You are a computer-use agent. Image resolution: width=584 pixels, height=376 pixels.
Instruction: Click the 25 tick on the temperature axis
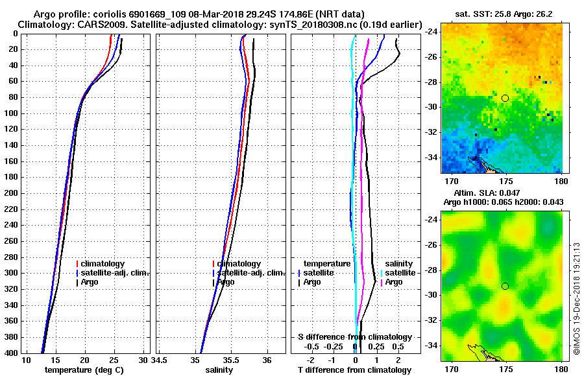click(x=114, y=361)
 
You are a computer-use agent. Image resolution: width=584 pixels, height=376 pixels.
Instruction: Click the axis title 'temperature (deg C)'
click(x=84, y=370)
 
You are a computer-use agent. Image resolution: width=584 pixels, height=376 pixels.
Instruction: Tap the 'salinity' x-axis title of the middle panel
click(x=219, y=370)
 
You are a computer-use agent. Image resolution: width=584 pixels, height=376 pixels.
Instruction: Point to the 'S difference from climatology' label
click(x=355, y=337)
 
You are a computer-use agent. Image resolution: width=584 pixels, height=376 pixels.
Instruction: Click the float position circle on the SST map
click(x=505, y=98)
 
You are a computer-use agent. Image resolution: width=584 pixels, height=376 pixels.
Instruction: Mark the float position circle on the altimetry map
click(x=505, y=286)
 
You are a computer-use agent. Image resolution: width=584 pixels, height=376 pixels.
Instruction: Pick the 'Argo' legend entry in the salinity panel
click(x=226, y=282)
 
